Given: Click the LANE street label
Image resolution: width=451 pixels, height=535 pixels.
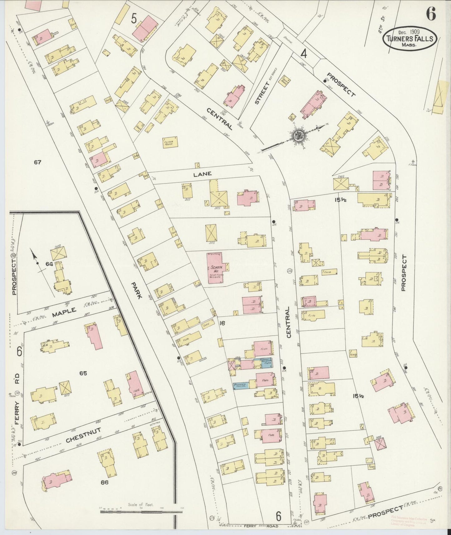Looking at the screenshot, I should tap(202, 174).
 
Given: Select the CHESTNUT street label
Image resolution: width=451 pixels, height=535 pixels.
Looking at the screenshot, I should tap(84, 435).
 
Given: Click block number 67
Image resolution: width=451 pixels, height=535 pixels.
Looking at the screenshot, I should tap(38, 162).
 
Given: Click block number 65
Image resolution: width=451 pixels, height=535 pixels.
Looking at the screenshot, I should tap(83, 373).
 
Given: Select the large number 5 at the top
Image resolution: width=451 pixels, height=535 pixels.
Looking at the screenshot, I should tap(134, 19).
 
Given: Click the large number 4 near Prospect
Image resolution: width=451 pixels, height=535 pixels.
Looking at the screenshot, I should tap(303, 54).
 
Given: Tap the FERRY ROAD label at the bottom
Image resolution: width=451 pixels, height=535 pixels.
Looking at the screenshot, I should tap(260, 526).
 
